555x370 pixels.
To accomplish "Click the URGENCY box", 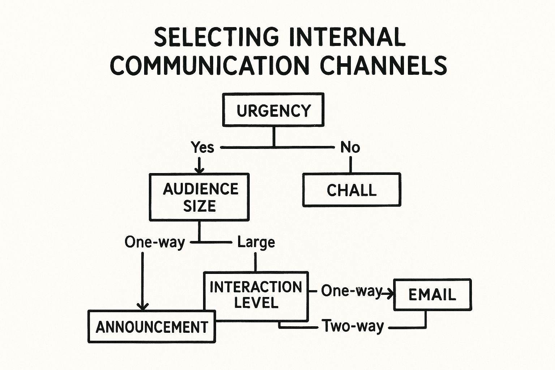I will [x=273, y=110].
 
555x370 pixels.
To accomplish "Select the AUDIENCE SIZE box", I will [x=199, y=197].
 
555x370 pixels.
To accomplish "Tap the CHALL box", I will [x=352, y=190].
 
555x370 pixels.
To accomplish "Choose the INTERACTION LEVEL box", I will [x=256, y=296].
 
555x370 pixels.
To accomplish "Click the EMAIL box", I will [x=432, y=294].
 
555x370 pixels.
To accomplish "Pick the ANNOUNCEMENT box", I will [x=152, y=327].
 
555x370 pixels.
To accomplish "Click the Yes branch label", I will [x=202, y=147].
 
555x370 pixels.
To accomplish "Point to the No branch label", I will [x=350, y=147].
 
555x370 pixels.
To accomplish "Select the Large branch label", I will [x=256, y=242].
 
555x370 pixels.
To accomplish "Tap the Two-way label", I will [x=353, y=326].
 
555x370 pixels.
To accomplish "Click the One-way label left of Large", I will [x=155, y=242].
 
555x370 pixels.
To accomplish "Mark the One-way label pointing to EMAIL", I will [x=351, y=291].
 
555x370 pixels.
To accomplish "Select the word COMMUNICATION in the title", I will [x=210, y=65].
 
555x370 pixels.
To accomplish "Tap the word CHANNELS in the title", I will [x=383, y=65].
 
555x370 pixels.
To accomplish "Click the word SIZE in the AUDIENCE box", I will [x=199, y=206].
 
